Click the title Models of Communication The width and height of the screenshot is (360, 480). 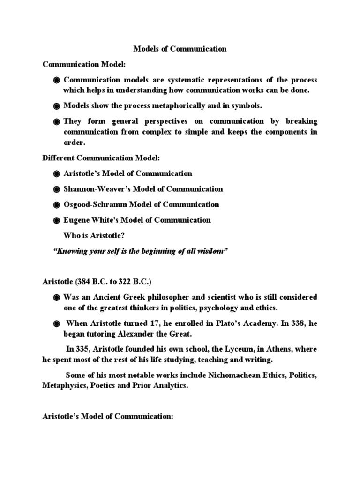[180, 48]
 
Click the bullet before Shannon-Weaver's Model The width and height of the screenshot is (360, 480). [57, 189]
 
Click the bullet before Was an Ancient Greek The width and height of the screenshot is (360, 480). [57, 298]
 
